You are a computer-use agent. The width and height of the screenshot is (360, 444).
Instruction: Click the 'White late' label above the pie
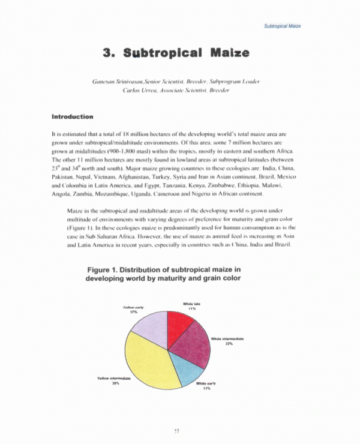pos(191,304)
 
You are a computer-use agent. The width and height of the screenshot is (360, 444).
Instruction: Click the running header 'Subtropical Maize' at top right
pos(282,26)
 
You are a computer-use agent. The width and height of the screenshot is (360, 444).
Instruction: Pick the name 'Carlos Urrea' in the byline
pos(139,90)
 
